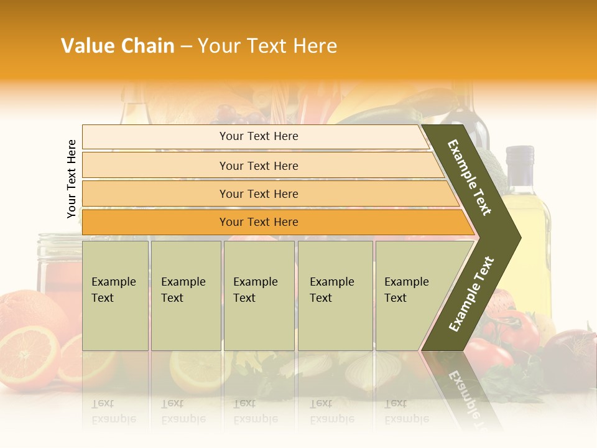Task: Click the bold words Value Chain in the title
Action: tap(118, 46)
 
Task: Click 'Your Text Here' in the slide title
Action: tap(267, 46)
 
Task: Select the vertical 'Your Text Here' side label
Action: tap(72, 179)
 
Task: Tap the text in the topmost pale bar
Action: tap(259, 136)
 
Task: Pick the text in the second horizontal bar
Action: tap(259, 166)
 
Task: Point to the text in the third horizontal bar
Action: tap(259, 194)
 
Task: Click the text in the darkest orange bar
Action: tap(259, 222)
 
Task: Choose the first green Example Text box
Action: tap(115, 296)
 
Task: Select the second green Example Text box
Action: tap(185, 296)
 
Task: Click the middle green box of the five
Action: tap(259, 296)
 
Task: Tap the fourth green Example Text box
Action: tap(335, 296)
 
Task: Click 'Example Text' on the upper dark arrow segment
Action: tap(470, 177)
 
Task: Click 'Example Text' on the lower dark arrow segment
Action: tap(471, 294)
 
